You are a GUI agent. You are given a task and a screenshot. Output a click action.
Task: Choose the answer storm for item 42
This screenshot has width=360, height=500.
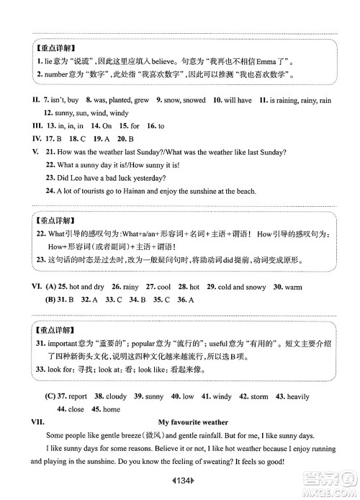[x=259, y=396]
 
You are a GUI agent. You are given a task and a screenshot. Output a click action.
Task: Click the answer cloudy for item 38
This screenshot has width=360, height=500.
[x=116, y=396]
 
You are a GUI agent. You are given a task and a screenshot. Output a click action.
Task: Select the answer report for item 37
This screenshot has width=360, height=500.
[x=77, y=396]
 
